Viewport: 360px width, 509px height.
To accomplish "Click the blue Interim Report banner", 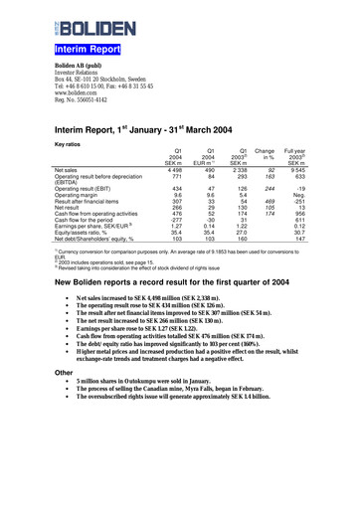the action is point(88,47).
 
